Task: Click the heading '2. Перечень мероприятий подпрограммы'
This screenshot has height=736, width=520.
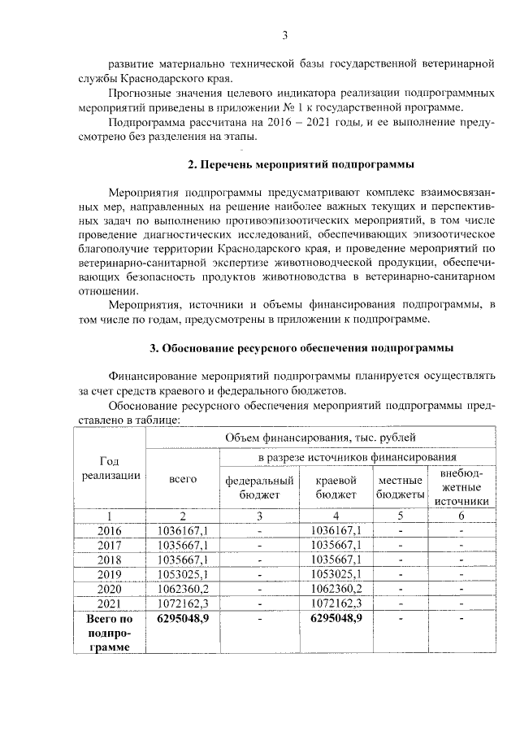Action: (301, 164)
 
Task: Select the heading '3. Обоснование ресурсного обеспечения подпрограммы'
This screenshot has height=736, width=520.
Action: (301, 348)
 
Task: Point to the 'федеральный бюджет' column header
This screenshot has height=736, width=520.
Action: (259, 486)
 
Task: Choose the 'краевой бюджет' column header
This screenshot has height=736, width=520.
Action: (336, 486)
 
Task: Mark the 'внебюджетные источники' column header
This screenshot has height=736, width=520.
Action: (461, 486)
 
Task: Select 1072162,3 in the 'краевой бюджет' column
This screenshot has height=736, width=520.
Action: (336, 603)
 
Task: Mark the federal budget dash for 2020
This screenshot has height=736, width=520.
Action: (259, 589)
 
